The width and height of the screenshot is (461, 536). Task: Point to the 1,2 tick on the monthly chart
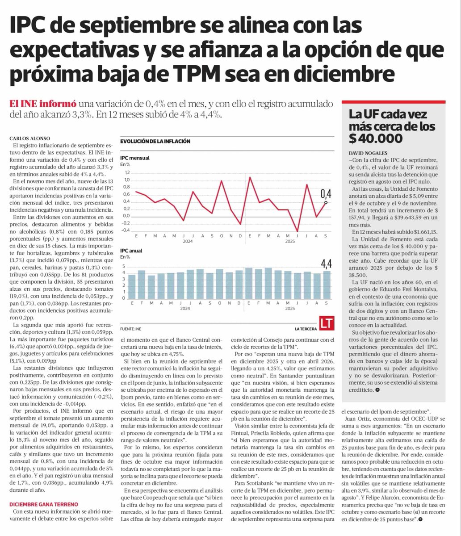pos(126,173)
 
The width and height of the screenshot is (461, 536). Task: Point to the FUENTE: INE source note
pos(132,329)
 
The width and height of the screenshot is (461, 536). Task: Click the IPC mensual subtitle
pos(135,158)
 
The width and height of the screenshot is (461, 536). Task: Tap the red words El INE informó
pos(43,104)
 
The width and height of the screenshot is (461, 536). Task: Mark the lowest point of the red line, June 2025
pos(297,231)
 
